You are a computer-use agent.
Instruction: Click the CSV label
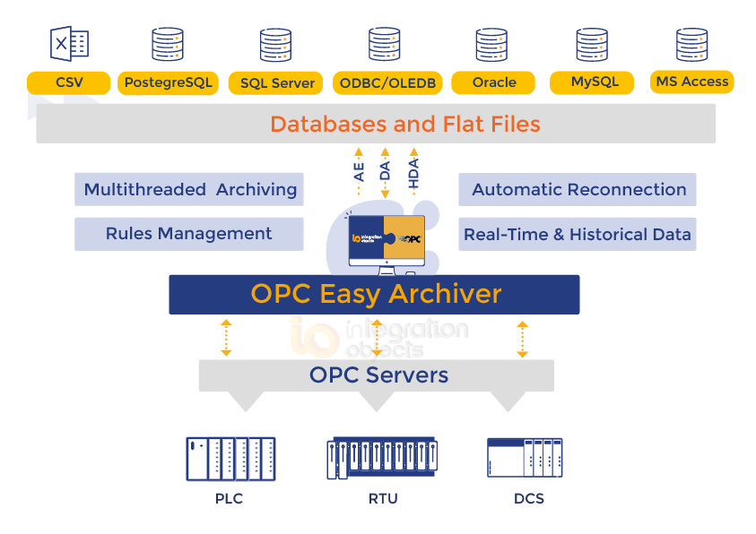[69, 82]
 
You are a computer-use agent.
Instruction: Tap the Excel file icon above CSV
[69, 44]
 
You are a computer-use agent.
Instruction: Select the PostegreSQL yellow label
[169, 83]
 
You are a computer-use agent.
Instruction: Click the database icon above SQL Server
[275, 45]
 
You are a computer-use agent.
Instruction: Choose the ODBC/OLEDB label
[387, 83]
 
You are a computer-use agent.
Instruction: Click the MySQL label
[595, 82]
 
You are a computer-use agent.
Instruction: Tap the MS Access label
[691, 82]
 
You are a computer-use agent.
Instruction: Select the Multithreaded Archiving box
[189, 190]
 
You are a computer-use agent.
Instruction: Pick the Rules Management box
[189, 234]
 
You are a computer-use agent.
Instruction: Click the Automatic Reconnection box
[578, 190]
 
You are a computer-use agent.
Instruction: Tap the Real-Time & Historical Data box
[578, 235]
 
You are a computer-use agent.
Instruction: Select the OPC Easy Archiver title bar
[375, 294]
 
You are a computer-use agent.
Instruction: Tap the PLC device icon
[230, 459]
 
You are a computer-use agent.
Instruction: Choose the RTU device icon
[383, 458]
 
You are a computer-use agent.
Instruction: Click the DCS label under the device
[529, 498]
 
